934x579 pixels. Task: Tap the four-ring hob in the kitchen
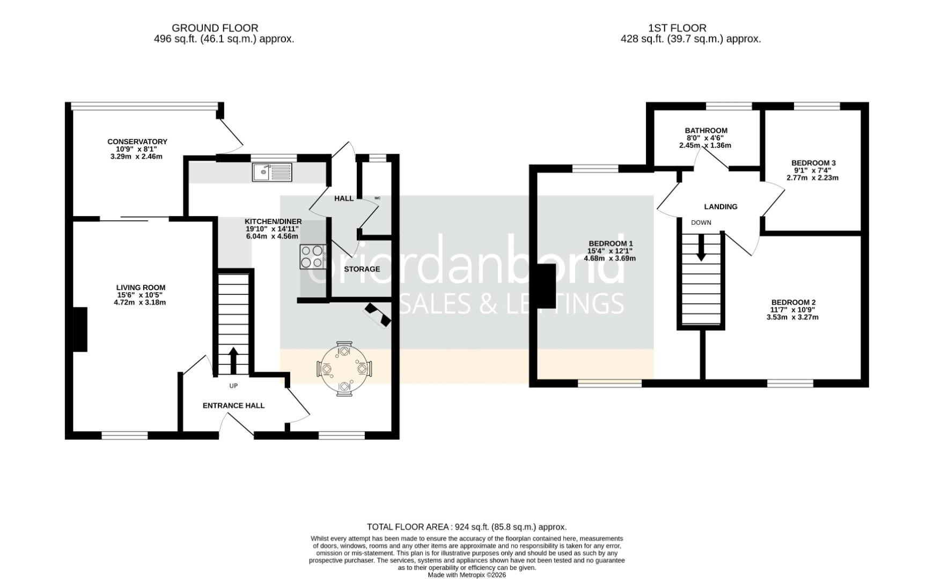[312, 256]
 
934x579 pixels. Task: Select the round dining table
[343, 369]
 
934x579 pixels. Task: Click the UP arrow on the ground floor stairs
[233, 360]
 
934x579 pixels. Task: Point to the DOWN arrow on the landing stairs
[701, 250]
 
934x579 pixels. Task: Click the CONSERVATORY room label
[137, 142]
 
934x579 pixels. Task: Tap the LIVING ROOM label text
[141, 287]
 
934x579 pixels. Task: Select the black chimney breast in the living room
[80, 329]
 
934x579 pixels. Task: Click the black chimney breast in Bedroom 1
[546, 286]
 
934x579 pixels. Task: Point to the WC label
[377, 198]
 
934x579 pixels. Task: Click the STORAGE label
[362, 269]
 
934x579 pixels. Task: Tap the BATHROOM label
[706, 130]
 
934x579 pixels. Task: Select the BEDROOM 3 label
[813, 163]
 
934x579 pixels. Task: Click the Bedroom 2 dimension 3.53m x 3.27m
[792, 317]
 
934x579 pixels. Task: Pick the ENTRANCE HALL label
[233, 405]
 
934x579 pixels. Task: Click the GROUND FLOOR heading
[215, 28]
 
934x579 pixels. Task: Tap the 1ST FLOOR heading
[677, 28]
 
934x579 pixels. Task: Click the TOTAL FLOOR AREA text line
[466, 527]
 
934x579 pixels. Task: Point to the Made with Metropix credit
[466, 575]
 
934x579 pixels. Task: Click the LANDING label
[720, 206]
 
